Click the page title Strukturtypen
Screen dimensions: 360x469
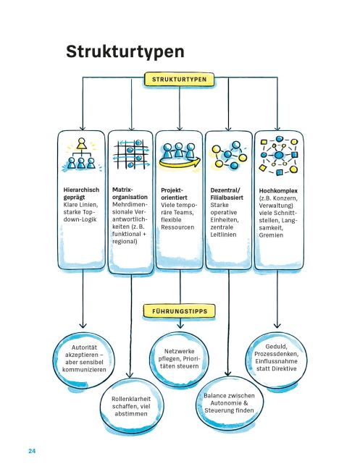125,52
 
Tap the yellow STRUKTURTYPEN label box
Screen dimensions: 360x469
179,80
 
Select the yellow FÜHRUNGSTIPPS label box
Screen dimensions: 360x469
180,311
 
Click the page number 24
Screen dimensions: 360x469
32,451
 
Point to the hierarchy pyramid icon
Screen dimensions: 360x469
81,155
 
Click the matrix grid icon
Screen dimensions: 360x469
130,154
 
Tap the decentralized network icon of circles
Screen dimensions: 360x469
229,155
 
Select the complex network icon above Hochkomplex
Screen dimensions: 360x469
279,155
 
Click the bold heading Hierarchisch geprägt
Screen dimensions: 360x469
81,193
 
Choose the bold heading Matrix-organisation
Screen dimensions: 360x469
130,193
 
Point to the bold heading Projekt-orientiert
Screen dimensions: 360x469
174,194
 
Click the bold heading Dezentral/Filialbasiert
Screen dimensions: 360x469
227,194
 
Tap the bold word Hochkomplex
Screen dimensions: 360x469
278,191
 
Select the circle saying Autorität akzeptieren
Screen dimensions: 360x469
84,358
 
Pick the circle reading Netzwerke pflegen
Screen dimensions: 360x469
179,359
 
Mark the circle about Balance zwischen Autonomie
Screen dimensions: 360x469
229,403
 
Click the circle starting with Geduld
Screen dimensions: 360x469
276,358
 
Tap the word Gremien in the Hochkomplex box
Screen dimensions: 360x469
271,235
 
